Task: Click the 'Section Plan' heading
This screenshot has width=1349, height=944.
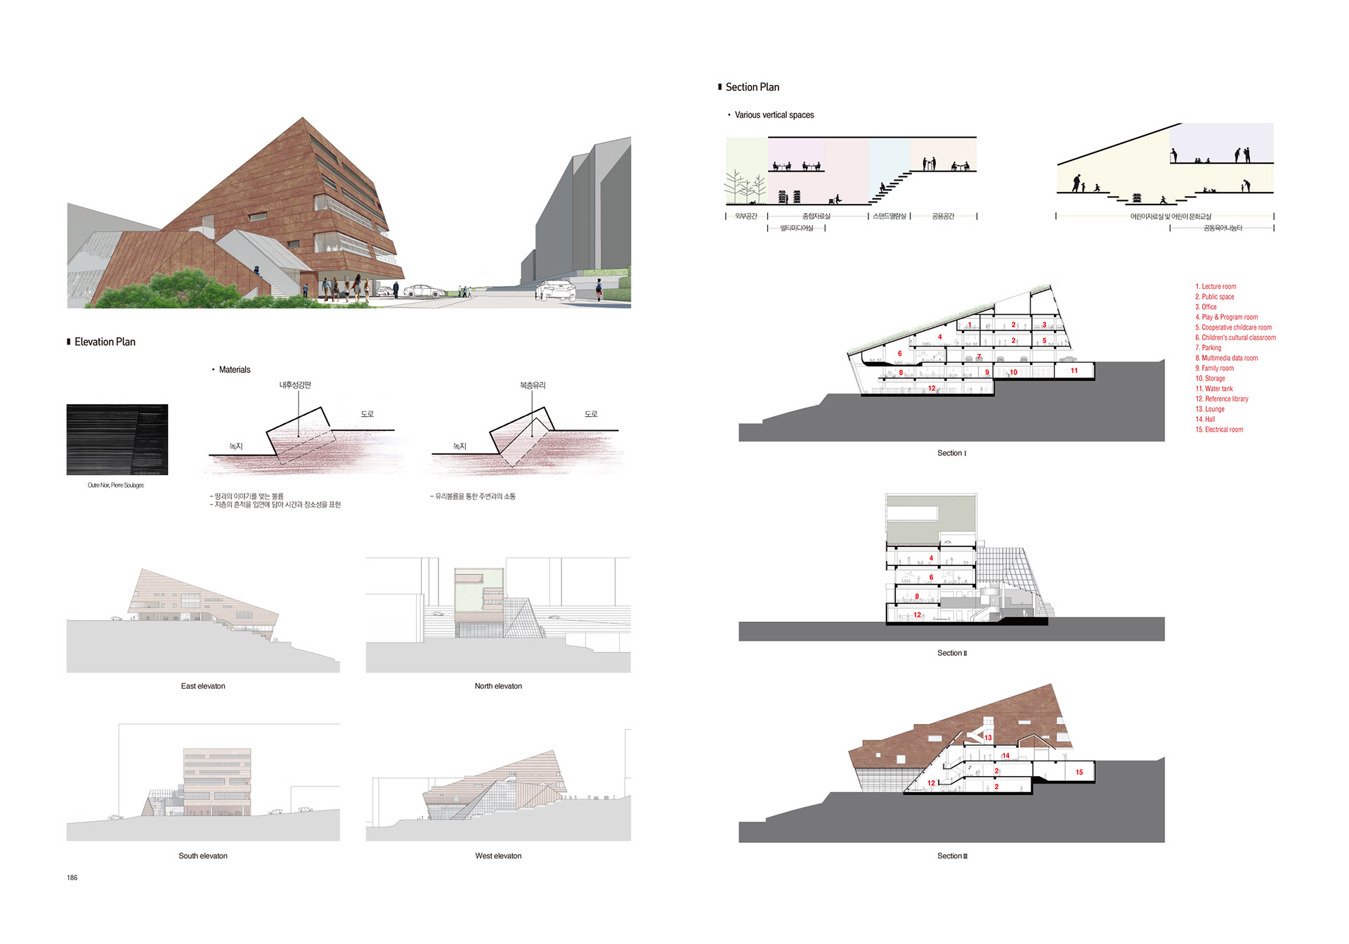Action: click(752, 87)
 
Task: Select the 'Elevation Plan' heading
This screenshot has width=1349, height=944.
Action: click(105, 342)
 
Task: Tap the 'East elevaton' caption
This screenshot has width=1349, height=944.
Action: click(203, 686)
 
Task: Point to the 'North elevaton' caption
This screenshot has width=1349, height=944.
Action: click(498, 686)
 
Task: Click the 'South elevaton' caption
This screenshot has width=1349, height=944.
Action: click(203, 856)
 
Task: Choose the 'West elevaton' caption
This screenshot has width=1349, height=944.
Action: click(498, 856)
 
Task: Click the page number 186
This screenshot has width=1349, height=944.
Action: click(72, 878)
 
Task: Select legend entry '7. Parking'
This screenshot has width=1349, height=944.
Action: click(1208, 348)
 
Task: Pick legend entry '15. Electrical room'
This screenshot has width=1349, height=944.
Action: click(1219, 429)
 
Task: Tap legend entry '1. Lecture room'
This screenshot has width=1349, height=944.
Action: click(1216, 287)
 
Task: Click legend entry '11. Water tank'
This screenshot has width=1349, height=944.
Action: click(1214, 389)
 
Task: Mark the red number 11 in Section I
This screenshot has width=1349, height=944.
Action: click(1074, 370)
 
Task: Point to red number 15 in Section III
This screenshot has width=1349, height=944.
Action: click(1079, 772)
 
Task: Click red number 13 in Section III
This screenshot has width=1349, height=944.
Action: click(988, 737)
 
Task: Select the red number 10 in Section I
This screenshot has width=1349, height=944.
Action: click(1013, 373)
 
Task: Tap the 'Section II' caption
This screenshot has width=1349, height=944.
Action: click(952, 654)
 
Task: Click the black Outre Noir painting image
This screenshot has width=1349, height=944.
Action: click(117, 439)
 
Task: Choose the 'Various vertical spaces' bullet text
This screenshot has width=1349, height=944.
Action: click(774, 115)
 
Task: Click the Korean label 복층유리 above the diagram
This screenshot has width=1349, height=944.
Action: click(533, 385)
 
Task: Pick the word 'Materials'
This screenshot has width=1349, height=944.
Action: click(235, 370)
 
